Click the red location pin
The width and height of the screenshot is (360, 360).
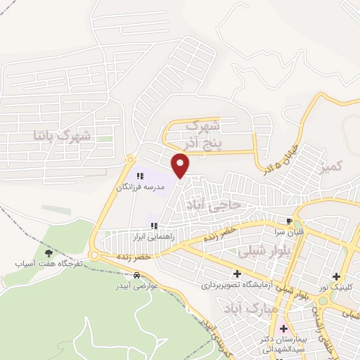click(x=181, y=166)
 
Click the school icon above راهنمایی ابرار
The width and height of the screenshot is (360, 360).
click(x=154, y=226)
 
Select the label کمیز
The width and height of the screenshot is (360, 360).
click(x=329, y=167)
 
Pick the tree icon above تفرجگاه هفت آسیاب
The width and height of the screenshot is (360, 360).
click(x=49, y=253)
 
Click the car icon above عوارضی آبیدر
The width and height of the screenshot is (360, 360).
click(x=146, y=275)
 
